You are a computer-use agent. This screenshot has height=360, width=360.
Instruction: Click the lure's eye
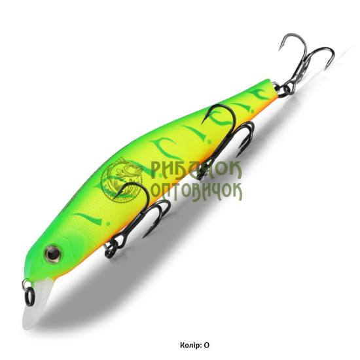[52, 254]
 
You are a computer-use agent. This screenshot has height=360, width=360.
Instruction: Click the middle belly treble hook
[226, 137]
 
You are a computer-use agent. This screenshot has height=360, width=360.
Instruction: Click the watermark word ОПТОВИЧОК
[197, 192]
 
